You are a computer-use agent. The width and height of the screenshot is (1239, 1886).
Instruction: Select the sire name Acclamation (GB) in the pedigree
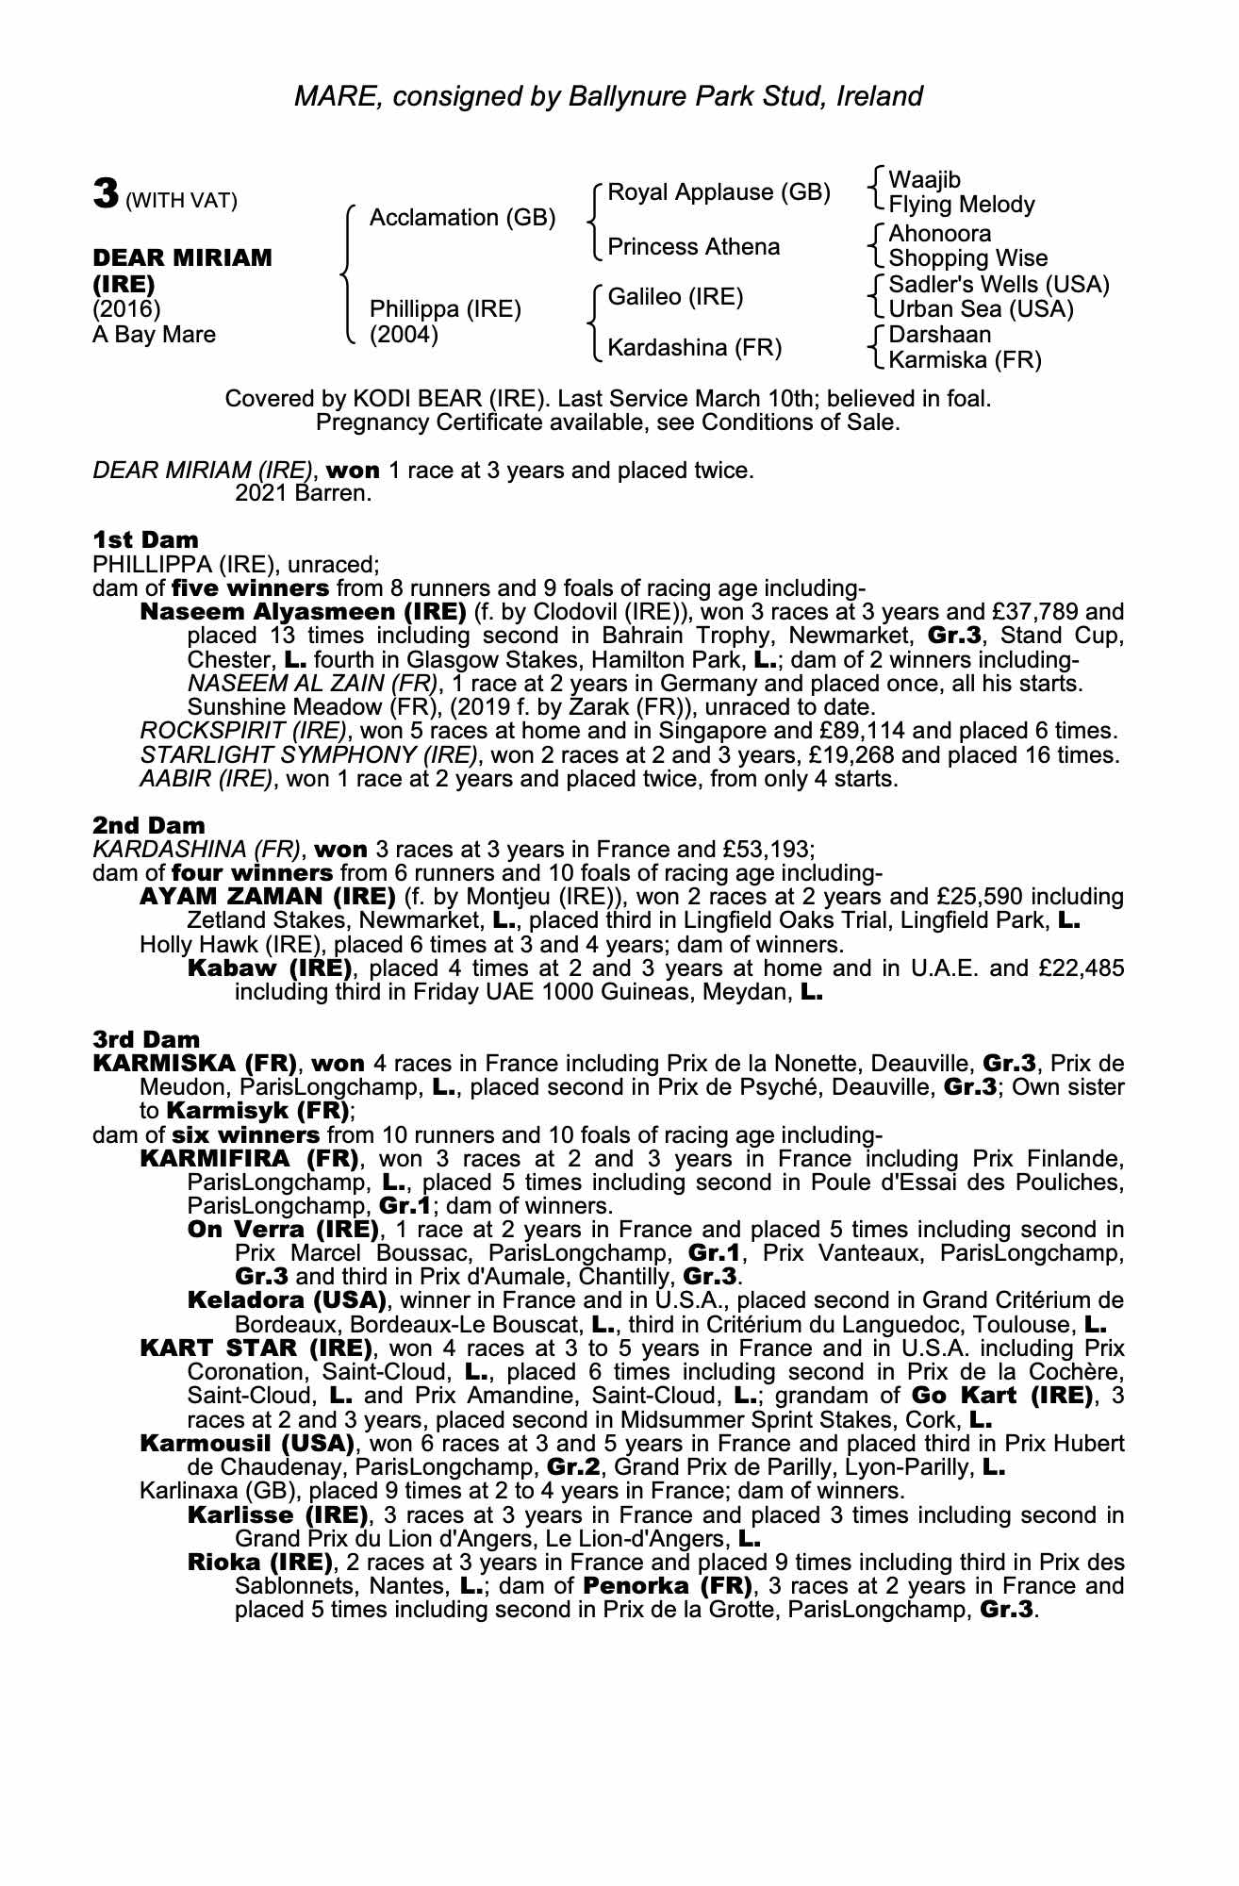point(462,218)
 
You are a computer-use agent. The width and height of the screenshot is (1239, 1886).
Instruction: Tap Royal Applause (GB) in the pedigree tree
point(719,192)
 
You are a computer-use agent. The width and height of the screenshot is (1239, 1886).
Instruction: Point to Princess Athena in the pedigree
point(693,247)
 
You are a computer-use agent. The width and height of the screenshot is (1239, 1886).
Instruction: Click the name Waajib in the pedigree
point(924,180)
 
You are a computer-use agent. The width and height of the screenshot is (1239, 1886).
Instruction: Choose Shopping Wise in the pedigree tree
point(967,258)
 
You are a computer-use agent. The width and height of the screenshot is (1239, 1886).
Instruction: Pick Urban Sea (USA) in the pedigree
point(981,309)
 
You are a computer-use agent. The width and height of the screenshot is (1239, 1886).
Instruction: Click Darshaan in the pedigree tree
point(939,335)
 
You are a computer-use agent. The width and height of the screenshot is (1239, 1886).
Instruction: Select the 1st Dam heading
point(146,540)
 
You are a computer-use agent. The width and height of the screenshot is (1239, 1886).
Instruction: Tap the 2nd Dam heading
point(148,826)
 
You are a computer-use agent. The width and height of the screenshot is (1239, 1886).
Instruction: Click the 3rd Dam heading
point(146,1040)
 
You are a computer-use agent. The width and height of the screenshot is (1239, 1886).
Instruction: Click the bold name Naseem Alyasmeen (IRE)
point(303,612)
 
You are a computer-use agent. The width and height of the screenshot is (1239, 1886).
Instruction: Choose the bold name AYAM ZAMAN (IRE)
point(267,897)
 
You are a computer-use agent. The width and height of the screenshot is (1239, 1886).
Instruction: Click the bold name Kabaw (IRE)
point(270,968)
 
